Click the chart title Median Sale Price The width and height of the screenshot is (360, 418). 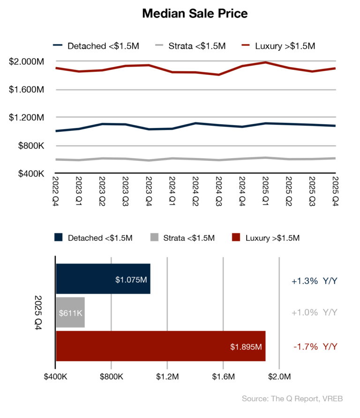[195, 14]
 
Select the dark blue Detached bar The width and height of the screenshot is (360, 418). [103, 279]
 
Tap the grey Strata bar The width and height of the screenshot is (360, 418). [70, 312]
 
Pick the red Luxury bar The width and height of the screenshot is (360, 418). [161, 346]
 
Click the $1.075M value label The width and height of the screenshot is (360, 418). [131, 280]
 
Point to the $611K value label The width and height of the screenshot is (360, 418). [71, 313]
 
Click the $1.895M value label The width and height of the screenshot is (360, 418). [246, 347]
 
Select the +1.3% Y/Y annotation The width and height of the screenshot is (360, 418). [315, 281]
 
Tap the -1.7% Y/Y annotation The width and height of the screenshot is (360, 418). [315, 347]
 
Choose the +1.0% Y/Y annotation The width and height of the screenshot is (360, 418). [315, 312]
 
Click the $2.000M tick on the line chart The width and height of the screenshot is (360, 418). [26, 61]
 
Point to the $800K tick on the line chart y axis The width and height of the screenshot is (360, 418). [31, 146]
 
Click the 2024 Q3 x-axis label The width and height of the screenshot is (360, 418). [218, 191]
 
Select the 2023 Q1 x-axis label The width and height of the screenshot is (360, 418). [79, 191]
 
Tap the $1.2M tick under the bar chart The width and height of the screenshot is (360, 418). [167, 377]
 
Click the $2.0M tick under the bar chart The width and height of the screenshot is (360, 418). [279, 377]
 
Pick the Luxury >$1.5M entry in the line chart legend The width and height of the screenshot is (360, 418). [278, 46]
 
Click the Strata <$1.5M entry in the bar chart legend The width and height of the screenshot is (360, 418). [182, 238]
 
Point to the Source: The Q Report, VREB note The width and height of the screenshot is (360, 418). [292, 399]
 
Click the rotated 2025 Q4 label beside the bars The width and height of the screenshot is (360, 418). [38, 312]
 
